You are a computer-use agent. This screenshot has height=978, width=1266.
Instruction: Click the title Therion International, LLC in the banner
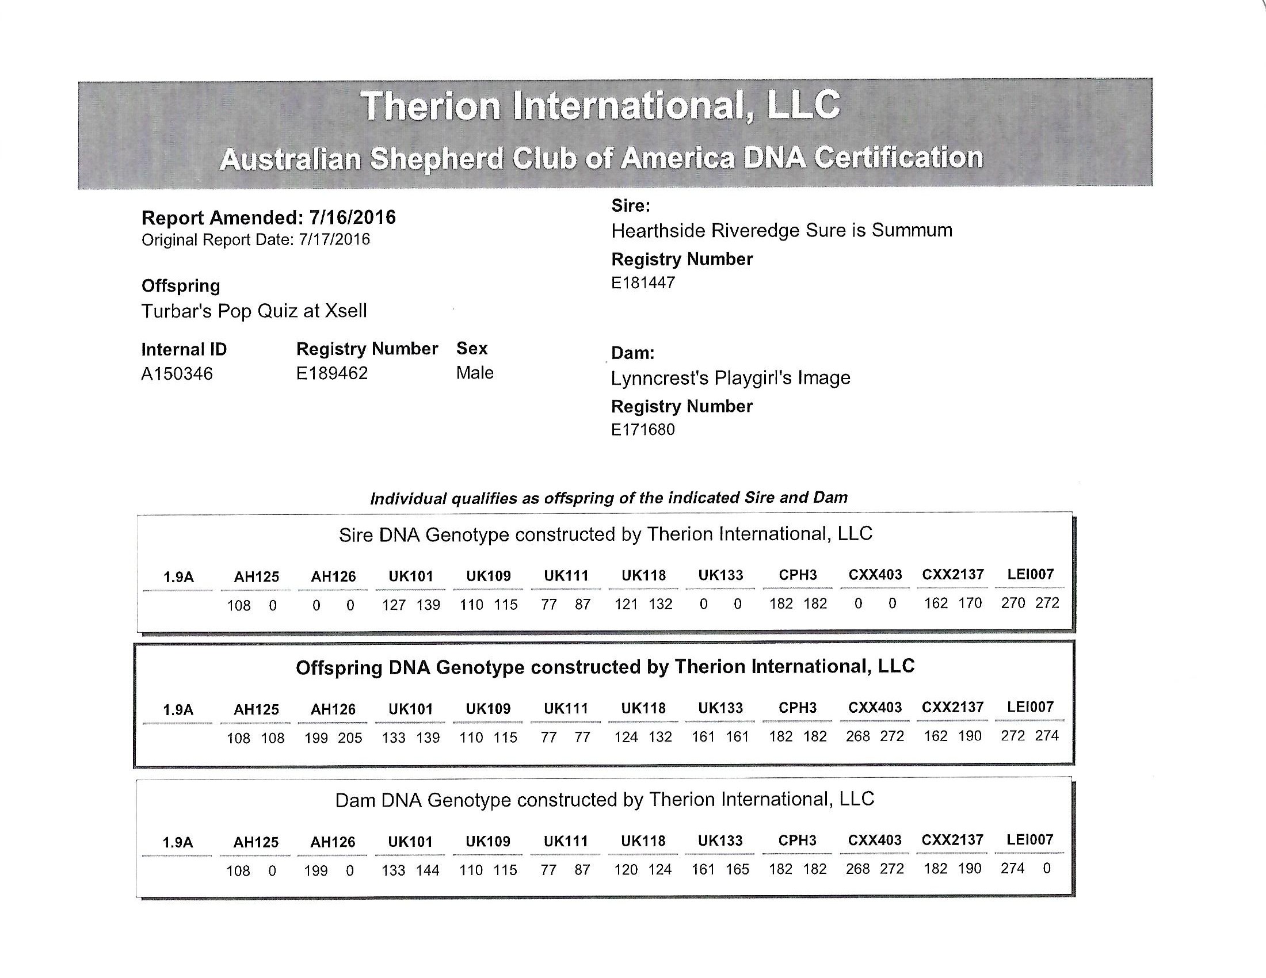(600, 106)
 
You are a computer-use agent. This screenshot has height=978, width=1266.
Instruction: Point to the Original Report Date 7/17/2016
(334, 240)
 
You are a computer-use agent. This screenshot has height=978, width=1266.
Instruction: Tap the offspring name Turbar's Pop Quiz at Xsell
(254, 311)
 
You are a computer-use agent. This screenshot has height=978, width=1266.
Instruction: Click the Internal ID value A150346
(177, 374)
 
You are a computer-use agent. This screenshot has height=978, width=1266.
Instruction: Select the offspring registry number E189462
(331, 373)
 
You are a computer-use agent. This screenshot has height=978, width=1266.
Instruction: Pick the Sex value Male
(475, 373)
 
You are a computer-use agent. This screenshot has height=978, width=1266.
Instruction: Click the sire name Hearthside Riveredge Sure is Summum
(781, 231)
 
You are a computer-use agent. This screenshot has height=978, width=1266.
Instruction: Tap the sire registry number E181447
(643, 282)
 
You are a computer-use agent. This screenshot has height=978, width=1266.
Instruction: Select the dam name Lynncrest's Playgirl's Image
(730, 378)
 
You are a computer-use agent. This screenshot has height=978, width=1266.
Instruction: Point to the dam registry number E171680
(643, 430)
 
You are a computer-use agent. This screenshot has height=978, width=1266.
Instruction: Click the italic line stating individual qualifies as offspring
(609, 498)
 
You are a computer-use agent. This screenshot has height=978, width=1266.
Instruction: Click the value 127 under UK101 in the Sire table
(394, 605)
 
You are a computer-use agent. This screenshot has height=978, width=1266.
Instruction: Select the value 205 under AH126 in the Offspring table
(350, 738)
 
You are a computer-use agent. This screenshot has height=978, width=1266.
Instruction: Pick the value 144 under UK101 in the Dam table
(428, 870)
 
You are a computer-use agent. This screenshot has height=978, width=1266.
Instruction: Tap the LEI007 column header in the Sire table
(1030, 575)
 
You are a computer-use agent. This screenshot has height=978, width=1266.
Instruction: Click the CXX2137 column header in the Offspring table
(952, 708)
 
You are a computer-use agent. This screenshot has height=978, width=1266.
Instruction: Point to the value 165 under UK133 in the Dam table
(737, 870)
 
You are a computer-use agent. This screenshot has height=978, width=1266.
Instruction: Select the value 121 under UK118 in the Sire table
(626, 605)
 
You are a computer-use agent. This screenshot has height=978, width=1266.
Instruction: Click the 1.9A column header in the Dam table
(178, 842)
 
